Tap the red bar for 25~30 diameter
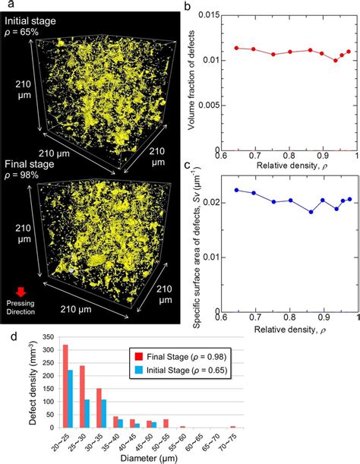coord(81,398)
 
